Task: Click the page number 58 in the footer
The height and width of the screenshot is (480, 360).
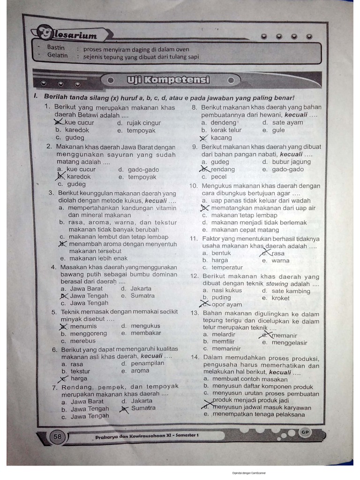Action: point(57,436)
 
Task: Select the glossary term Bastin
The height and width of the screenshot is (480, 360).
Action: point(56,47)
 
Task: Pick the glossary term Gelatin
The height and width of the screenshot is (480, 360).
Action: point(57,55)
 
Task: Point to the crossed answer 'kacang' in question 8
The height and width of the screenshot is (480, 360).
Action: point(221,138)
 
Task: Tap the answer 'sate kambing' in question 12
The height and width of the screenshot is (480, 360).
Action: point(291,291)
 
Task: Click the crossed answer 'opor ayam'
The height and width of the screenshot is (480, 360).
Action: point(227,305)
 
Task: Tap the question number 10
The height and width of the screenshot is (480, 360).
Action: point(194,186)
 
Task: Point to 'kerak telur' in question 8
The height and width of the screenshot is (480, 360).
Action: point(226,130)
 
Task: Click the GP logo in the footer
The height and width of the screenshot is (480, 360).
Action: point(305,432)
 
